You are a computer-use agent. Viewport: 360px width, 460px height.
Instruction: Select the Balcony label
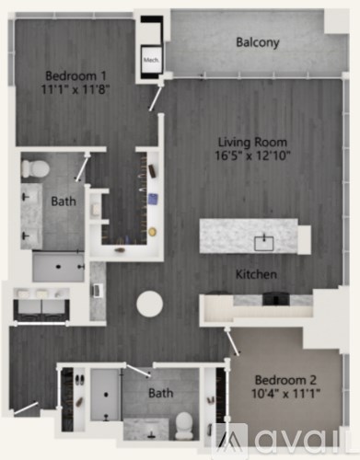(257, 42)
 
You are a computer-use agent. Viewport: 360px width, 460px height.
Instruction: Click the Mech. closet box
(151, 62)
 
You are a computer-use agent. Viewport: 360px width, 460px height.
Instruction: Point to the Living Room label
(252, 143)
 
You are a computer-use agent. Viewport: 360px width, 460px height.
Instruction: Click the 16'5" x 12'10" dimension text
(252, 157)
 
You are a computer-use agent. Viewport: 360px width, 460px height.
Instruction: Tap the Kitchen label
(256, 274)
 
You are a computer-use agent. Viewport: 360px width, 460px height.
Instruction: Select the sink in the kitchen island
(263, 243)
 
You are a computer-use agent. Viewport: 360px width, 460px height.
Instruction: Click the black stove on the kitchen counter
(274, 298)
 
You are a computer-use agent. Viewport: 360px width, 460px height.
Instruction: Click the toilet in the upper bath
(37, 167)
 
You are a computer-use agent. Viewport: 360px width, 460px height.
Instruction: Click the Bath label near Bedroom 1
(63, 200)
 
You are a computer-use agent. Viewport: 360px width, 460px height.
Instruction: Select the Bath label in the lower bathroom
(161, 393)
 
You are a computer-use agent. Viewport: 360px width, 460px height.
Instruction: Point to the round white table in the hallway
(149, 304)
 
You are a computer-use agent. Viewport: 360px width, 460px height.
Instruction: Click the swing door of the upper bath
(84, 167)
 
